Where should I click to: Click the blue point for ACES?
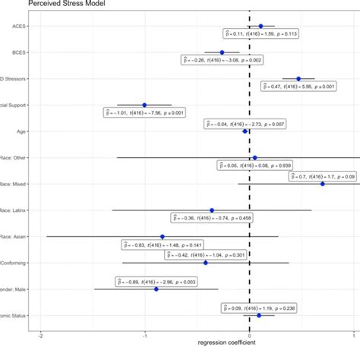click(261, 26)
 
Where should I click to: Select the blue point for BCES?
click(222, 52)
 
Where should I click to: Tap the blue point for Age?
click(245, 131)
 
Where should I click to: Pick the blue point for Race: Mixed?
click(322, 184)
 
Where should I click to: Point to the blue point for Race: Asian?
click(162, 236)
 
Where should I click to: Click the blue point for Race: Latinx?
click(212, 210)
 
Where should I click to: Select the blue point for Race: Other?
click(254, 158)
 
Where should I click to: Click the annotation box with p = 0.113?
click(259, 34)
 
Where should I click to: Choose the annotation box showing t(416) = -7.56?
click(143, 112)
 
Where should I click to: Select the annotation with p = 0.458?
click(212, 218)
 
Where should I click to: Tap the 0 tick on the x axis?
click(249, 335)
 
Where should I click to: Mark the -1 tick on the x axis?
click(144, 335)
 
